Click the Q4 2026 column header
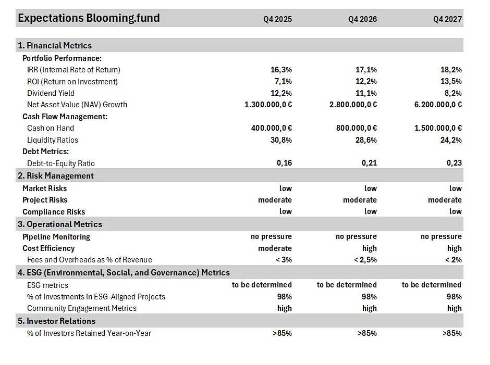[x=362, y=19]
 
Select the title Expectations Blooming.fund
[x=89, y=18]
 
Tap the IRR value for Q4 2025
[x=281, y=70]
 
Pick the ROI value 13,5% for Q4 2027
[x=451, y=81]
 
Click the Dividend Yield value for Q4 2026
[x=366, y=93]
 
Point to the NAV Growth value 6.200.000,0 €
[x=438, y=105]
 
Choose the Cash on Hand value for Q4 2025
[x=272, y=128]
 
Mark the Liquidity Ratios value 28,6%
[x=366, y=140]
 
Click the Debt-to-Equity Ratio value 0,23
[x=455, y=163]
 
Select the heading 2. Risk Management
[x=56, y=176]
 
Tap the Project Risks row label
[x=45, y=200]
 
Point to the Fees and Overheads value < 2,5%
[x=365, y=260]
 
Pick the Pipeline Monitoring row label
[x=56, y=237]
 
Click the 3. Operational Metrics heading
[x=60, y=224]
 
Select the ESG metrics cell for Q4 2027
[x=432, y=285]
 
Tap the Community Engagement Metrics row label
[x=82, y=308]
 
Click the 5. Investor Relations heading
[x=57, y=321]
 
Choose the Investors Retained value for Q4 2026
[x=367, y=333]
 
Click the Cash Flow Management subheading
[x=65, y=117]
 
